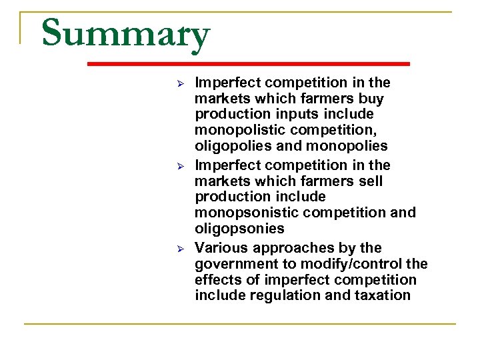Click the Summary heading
[x=125, y=34]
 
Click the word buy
[x=370, y=99]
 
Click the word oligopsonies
[x=239, y=229]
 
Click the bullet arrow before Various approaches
[x=179, y=247]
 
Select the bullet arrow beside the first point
[x=179, y=83]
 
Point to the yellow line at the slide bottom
[x=240, y=324]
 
